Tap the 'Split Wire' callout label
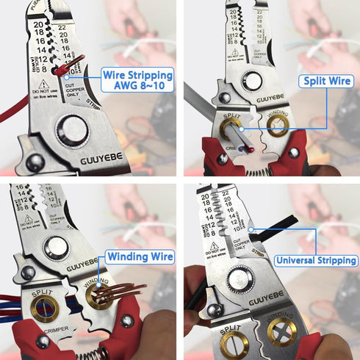click(324, 82)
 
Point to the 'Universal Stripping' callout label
click(317, 260)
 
